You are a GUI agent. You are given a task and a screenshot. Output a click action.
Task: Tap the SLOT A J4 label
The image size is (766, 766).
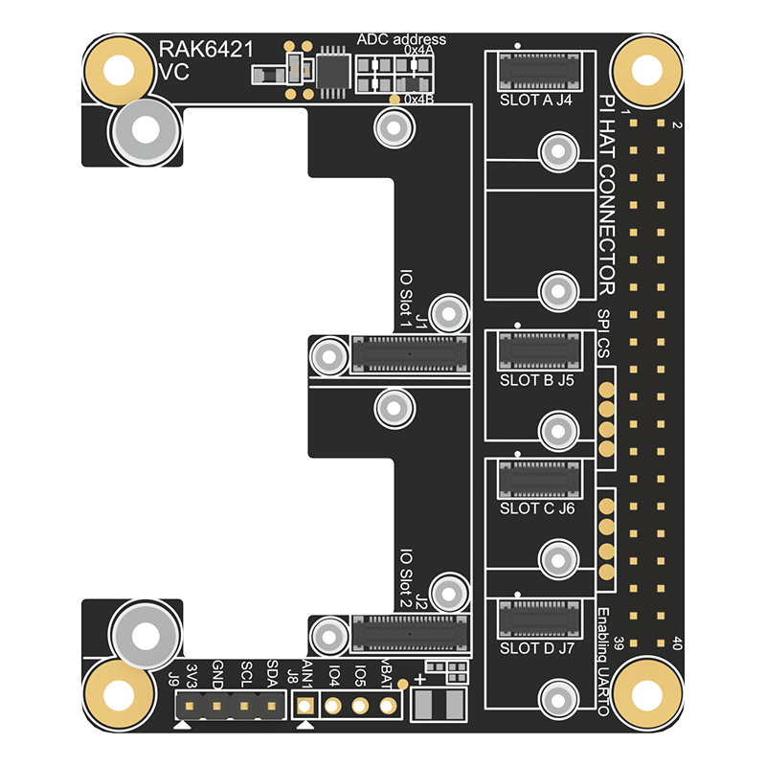coord(536,99)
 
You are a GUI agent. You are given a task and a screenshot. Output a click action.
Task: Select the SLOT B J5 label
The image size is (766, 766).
coord(536,380)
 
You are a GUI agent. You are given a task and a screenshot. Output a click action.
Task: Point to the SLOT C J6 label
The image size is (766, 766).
coord(536,508)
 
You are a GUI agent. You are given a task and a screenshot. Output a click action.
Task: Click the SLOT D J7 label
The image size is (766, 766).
coord(536,648)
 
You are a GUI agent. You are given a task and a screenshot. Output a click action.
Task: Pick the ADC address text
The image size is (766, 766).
coord(401,39)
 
